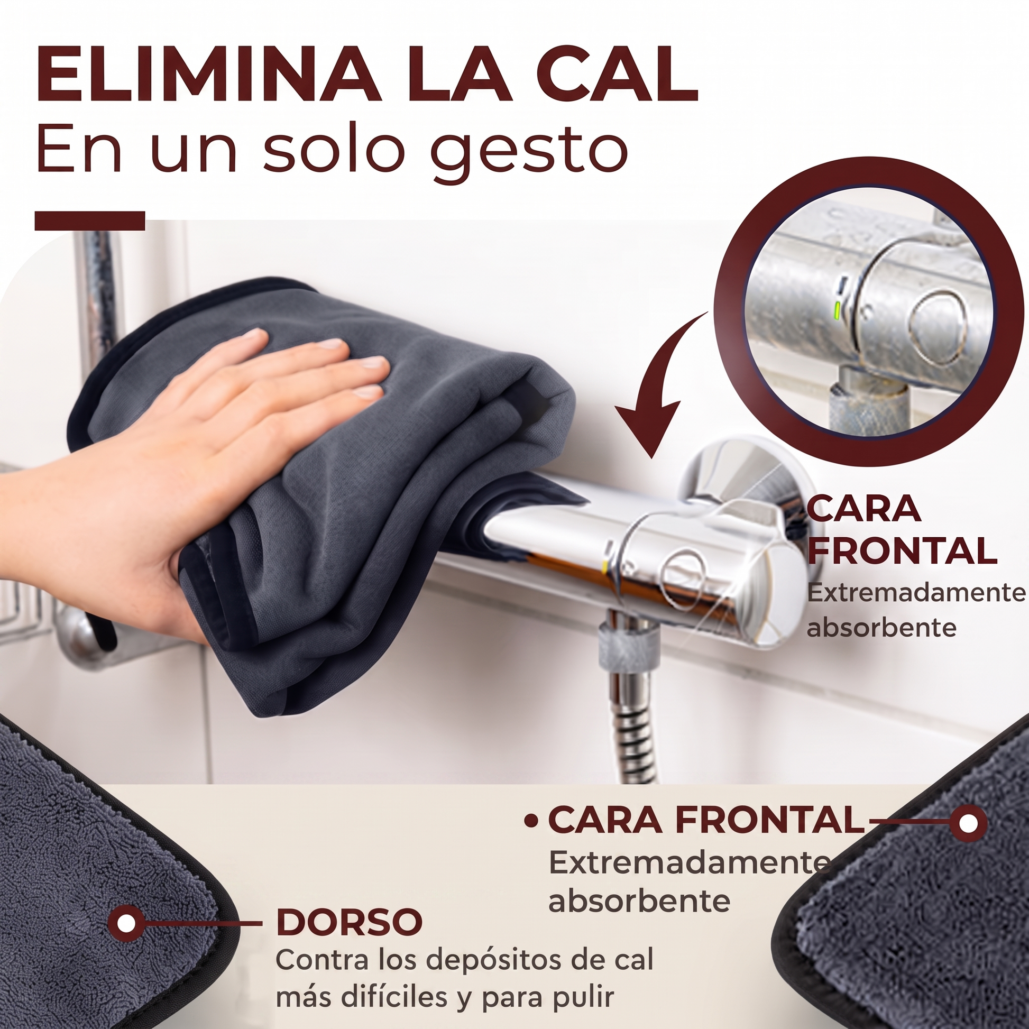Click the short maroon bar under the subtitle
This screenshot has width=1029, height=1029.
click(90, 221)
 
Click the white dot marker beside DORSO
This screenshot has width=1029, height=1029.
click(126, 923)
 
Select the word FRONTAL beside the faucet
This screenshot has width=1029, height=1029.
click(902, 550)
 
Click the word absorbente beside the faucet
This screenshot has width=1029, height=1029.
click(881, 628)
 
